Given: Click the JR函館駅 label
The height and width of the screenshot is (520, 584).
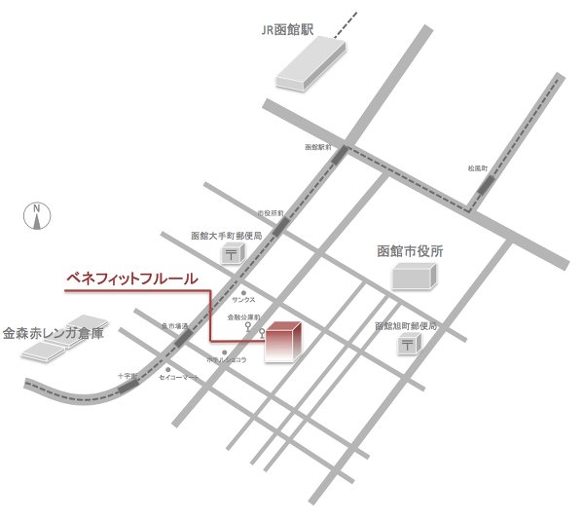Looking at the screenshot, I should click(287, 28).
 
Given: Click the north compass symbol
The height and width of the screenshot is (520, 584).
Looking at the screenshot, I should click(36, 215).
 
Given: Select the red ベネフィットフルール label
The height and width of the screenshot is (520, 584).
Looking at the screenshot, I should click(131, 279).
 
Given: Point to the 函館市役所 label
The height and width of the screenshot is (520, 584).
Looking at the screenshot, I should click(410, 251).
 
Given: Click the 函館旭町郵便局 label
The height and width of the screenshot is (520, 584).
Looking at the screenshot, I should click(407, 326).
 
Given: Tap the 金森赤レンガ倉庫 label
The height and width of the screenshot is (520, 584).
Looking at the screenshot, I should click(53, 332).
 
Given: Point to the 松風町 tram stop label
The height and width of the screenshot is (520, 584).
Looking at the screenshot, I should click(477, 168).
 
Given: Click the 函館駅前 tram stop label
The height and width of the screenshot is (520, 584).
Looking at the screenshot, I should click(317, 147).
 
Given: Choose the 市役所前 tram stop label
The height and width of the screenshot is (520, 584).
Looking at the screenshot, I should click(271, 212).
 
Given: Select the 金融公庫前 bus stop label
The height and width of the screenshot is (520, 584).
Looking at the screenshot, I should click(242, 317).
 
